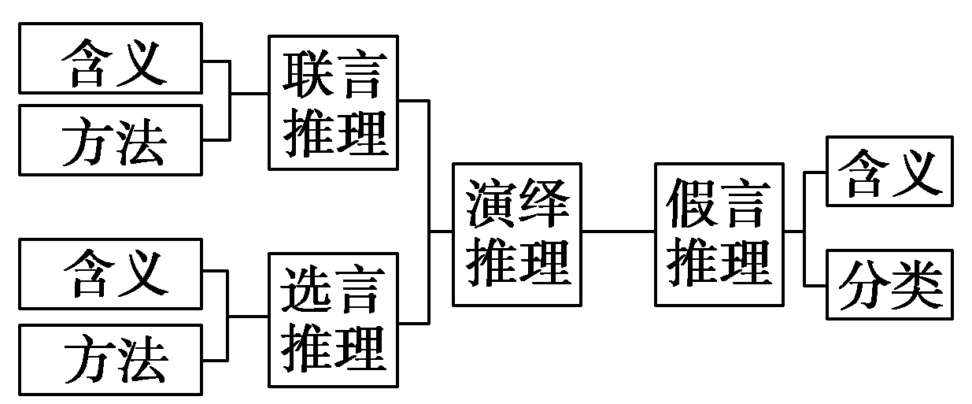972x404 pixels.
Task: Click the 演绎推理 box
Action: point(516,234)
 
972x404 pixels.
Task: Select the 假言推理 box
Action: point(719,234)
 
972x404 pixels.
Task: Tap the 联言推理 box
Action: point(334,102)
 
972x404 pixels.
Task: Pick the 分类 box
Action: point(889,284)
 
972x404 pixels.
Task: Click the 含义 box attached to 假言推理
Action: point(889,171)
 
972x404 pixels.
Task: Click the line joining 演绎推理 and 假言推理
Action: point(618,232)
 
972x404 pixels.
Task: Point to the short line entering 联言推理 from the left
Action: point(249,94)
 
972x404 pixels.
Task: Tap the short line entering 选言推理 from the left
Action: point(249,317)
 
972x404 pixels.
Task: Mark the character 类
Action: point(915,284)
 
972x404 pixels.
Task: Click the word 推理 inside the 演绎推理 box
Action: point(516,262)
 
